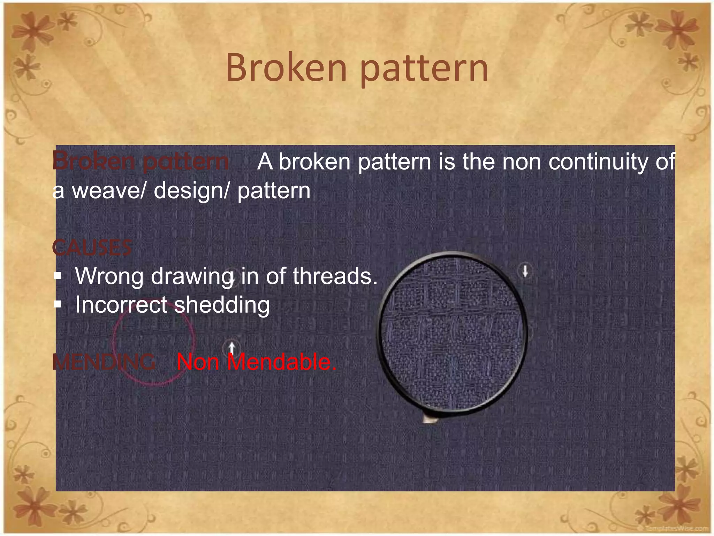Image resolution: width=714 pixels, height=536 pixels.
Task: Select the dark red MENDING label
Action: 104,362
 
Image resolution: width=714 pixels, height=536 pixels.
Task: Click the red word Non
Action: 198,362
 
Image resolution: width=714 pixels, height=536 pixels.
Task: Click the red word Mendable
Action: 282,362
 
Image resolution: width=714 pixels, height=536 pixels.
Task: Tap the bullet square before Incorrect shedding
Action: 58,305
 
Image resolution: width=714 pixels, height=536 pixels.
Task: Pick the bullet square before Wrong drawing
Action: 58,276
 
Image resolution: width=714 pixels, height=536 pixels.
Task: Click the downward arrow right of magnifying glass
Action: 525,271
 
